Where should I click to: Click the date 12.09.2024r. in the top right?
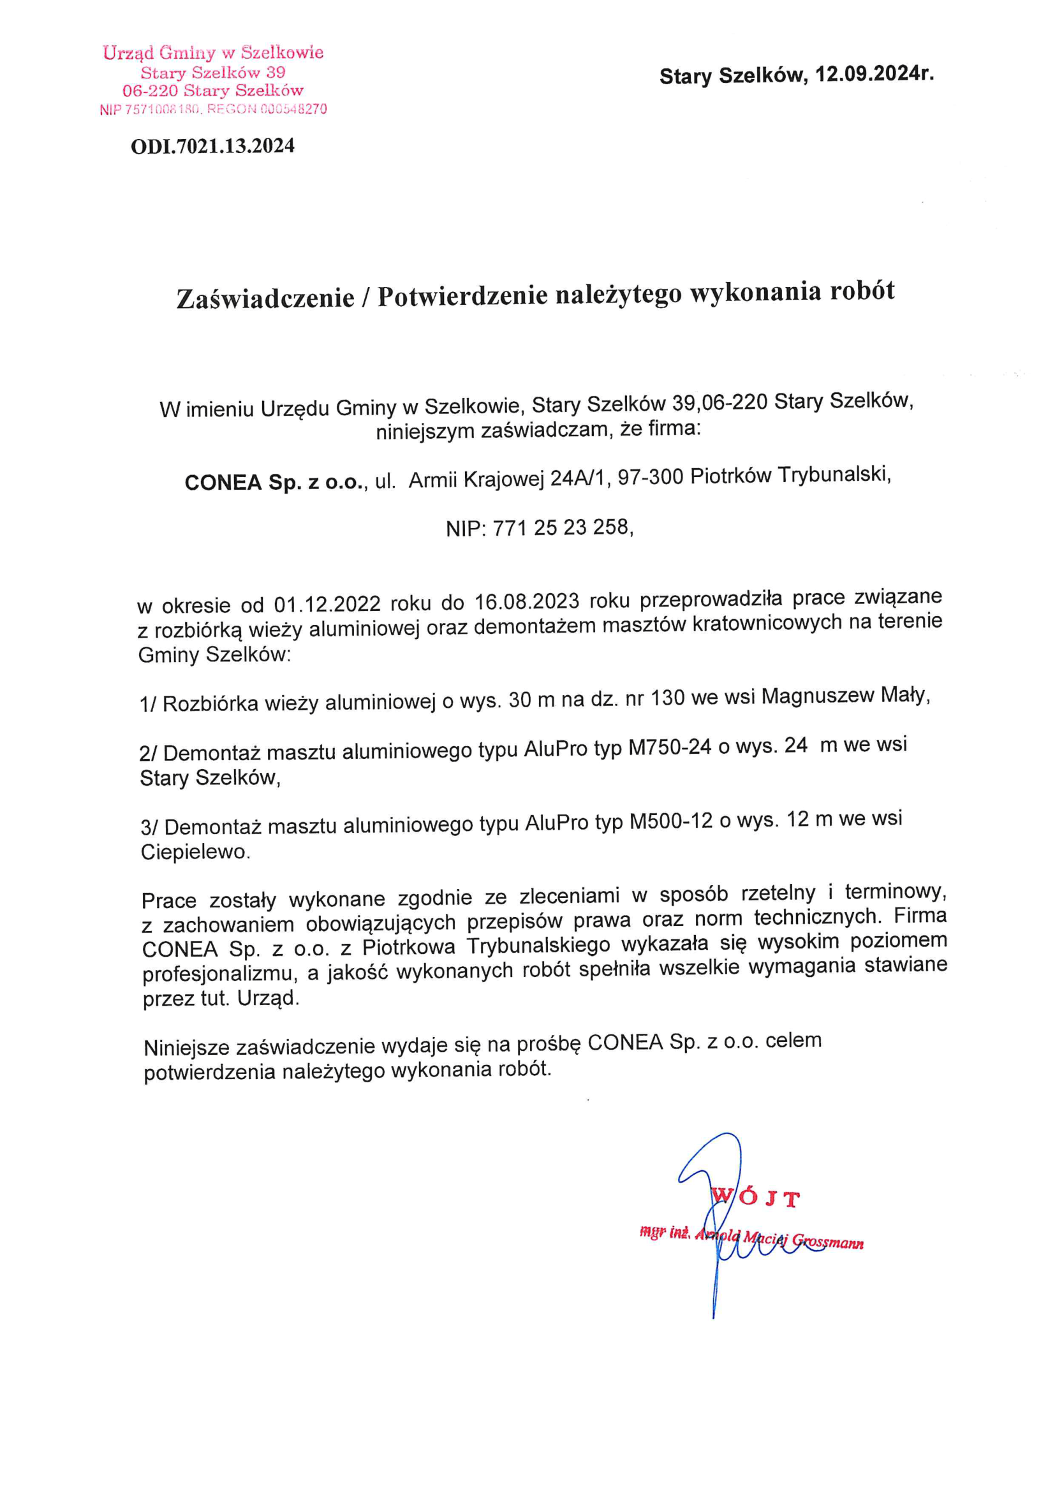pyautogui.click(x=874, y=74)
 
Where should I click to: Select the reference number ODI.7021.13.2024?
pyautogui.click(x=212, y=146)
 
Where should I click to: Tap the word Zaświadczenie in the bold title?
pyautogui.click(x=266, y=297)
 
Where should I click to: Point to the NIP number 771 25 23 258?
pyautogui.click(x=561, y=527)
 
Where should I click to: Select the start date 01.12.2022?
pyautogui.click(x=327, y=604)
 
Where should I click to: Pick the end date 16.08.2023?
pyautogui.click(x=527, y=601)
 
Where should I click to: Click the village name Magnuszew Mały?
pyautogui.click(x=845, y=696)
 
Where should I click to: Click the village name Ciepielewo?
pyautogui.click(x=195, y=851)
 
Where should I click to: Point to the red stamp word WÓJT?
pyautogui.click(x=755, y=1196)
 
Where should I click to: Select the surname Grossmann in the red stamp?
pyautogui.click(x=828, y=1242)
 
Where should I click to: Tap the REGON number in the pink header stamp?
pyautogui.click(x=293, y=109)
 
